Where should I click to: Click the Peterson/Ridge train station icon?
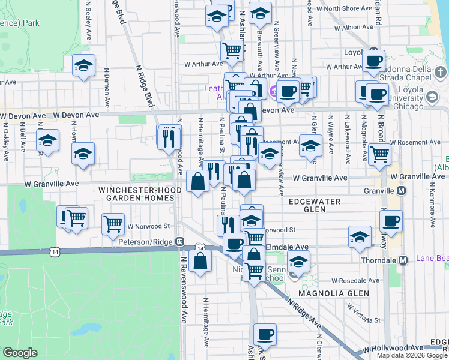[179, 241]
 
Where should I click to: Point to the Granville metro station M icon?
[402, 191]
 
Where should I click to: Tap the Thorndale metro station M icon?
[403, 260]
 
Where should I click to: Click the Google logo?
[20, 353]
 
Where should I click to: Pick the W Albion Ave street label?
[354, 28]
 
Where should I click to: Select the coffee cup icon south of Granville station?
[391, 221]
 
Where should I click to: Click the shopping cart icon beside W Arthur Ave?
[231, 50]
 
